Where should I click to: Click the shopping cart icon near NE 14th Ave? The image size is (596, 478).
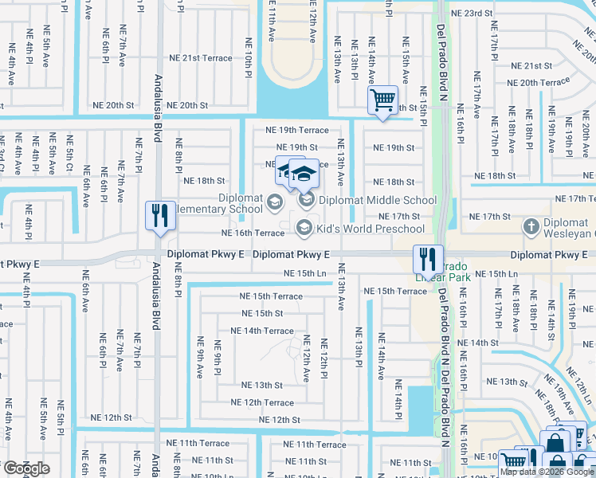tap(383, 100)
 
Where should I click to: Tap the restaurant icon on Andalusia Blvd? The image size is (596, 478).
tap(159, 216)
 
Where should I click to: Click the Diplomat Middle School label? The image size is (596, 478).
tap(378, 201)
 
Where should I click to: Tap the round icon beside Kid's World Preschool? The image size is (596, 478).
tap(304, 229)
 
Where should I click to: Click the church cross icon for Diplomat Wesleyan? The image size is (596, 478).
tap(531, 226)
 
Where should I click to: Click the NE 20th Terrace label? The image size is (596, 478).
tap(544, 82)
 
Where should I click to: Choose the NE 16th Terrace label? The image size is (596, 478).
tap(252, 233)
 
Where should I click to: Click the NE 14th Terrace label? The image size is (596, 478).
tap(262, 331)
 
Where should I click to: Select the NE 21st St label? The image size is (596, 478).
tap(531, 66)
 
